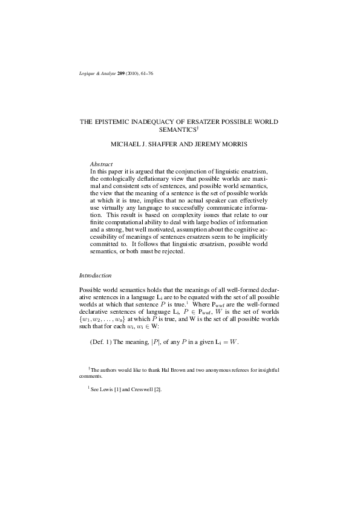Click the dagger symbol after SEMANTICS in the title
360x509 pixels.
point(198,128)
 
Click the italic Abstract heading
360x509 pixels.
point(100,164)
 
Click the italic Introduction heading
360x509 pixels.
point(96,275)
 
